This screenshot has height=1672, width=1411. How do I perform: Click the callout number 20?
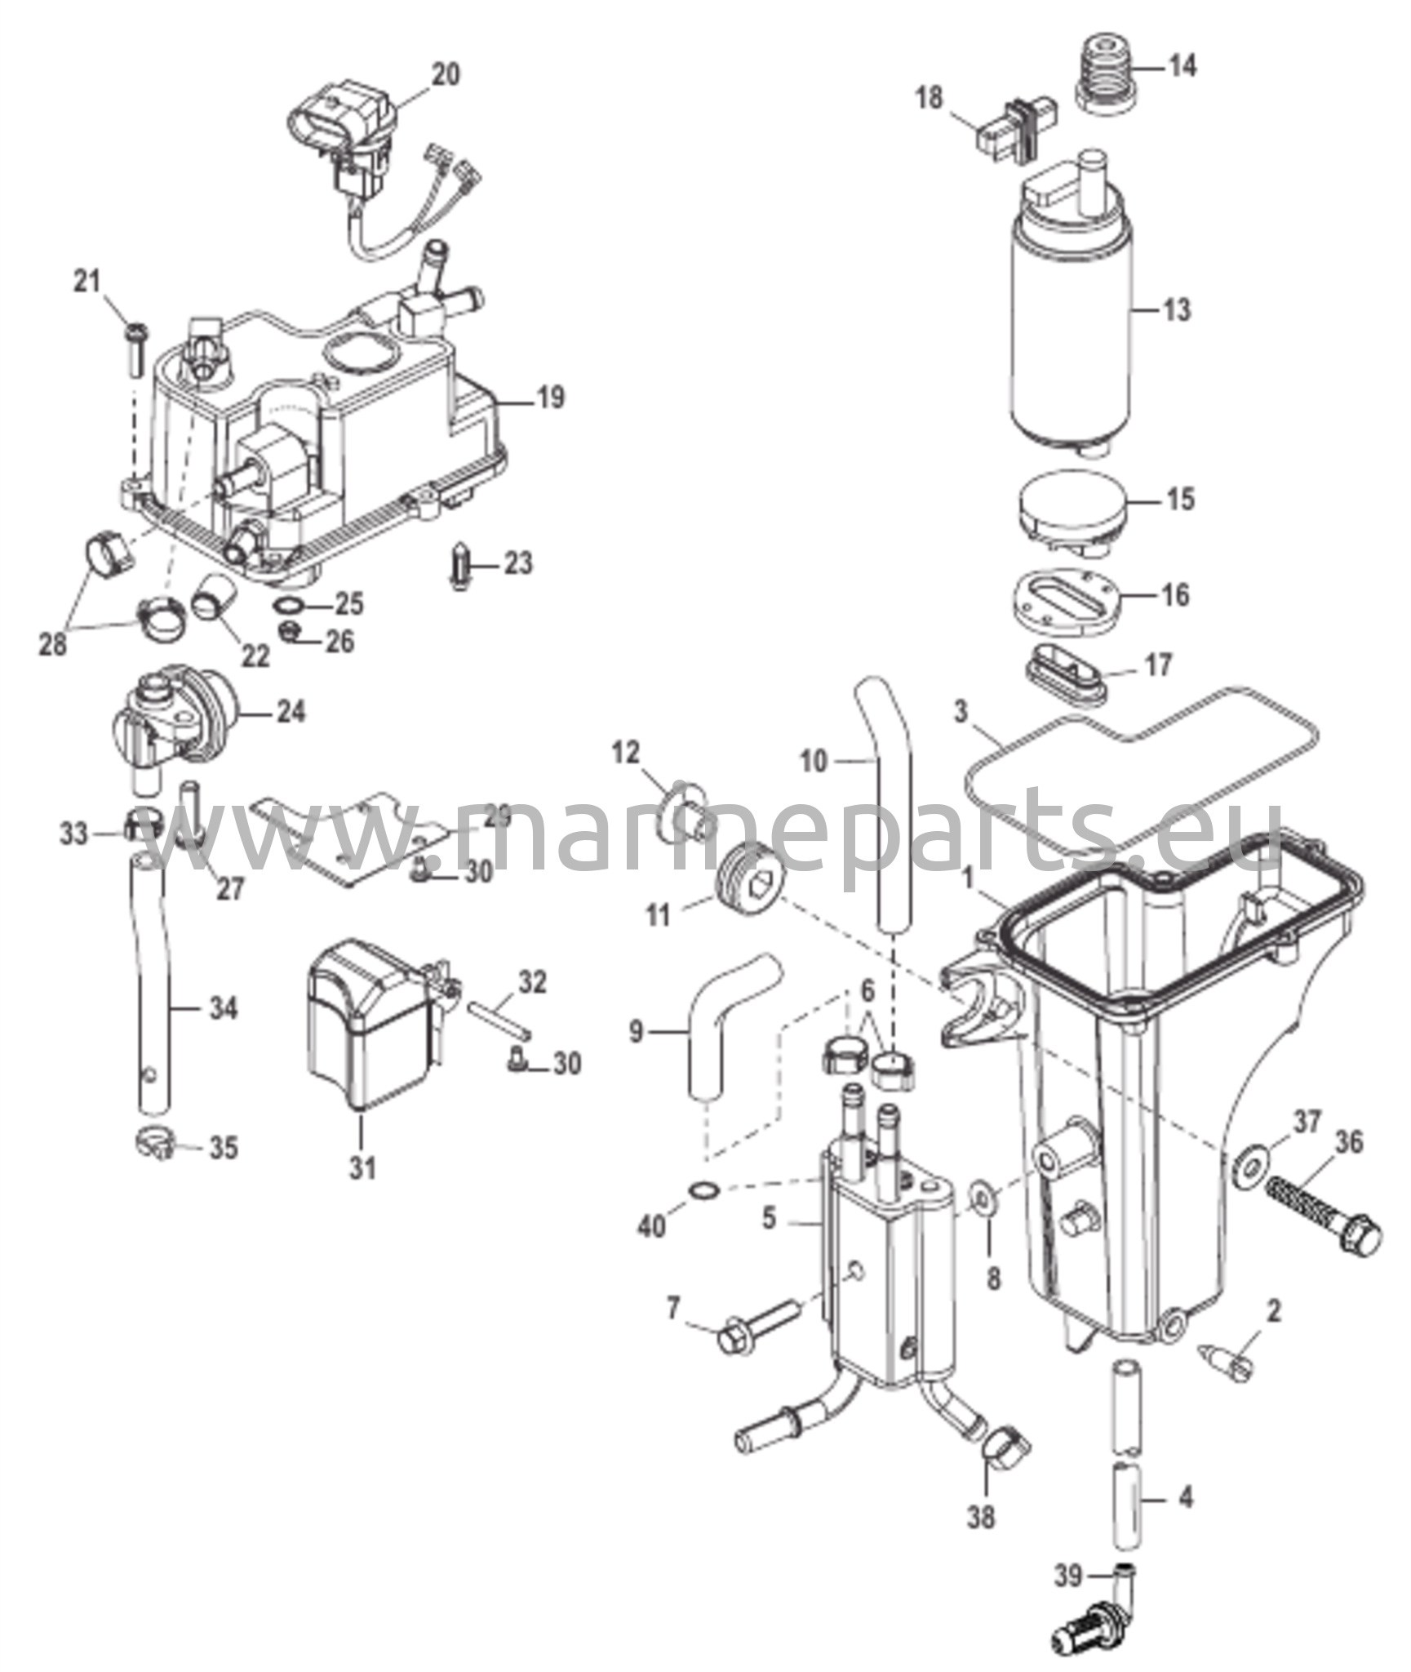click(x=445, y=74)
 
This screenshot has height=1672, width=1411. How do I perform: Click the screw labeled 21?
click(x=135, y=350)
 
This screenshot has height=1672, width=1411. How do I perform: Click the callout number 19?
click(x=551, y=398)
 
